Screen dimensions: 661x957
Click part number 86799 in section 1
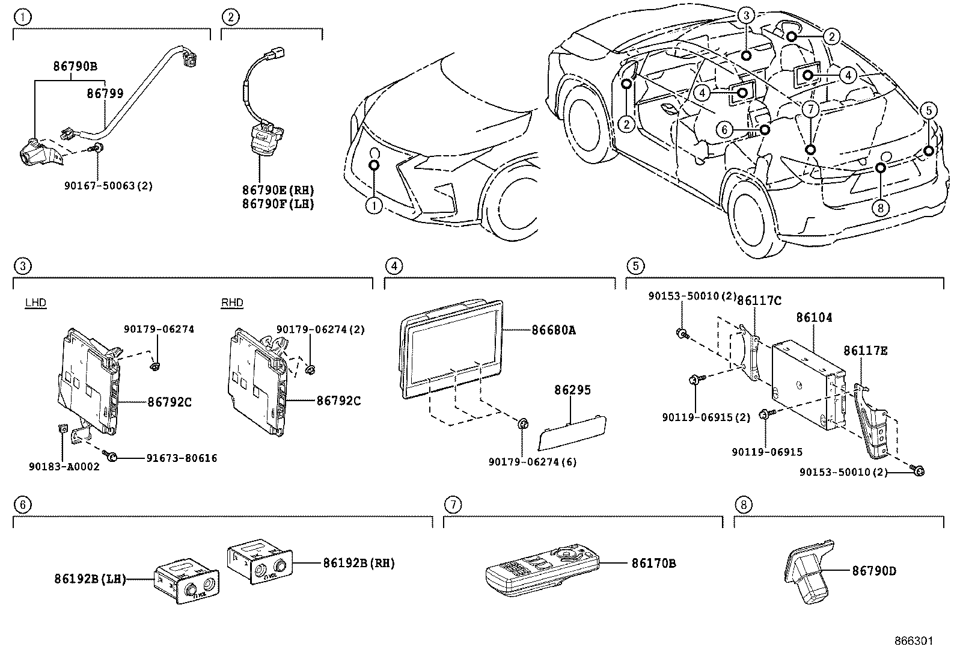click(x=105, y=93)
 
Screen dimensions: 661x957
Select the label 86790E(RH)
click(x=278, y=190)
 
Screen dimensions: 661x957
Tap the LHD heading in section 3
click(x=35, y=303)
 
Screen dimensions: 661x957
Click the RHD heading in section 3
click(x=232, y=303)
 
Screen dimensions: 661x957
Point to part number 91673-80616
click(x=182, y=458)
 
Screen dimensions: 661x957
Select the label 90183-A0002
click(x=64, y=466)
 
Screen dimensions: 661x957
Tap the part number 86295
click(x=572, y=390)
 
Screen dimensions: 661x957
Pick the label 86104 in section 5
click(x=814, y=318)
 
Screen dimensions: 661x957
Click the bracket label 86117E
click(x=865, y=351)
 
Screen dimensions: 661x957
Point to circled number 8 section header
click(x=742, y=505)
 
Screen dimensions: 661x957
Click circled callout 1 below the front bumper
click(x=374, y=206)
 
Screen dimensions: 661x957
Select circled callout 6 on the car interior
click(x=724, y=129)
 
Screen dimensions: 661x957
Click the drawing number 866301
click(x=914, y=641)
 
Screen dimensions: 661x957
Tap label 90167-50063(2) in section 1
click(x=108, y=186)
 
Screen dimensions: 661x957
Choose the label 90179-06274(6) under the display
click(x=532, y=463)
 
